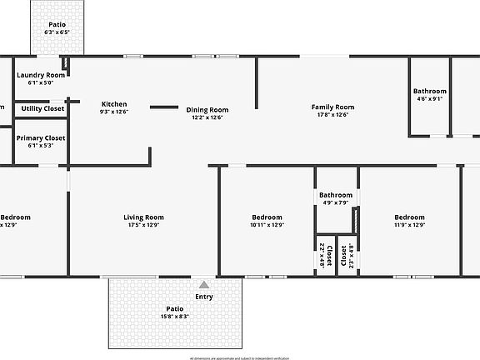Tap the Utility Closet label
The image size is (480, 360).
click(42, 108)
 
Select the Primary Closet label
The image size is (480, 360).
click(41, 137)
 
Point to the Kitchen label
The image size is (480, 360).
click(114, 104)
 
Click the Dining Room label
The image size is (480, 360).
click(207, 109)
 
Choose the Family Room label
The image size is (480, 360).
click(332, 107)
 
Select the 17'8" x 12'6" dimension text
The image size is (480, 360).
click(332, 115)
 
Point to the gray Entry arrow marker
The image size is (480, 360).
click(203, 285)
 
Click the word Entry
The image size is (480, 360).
click(203, 297)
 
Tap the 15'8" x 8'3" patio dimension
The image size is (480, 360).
click(174, 317)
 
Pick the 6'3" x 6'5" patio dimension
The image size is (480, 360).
click(57, 32)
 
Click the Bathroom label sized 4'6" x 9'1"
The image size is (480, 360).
click(430, 91)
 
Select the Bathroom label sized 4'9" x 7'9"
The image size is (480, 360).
click(336, 196)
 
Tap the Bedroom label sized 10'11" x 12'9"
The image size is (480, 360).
click(267, 217)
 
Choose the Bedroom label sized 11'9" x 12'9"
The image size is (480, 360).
click(410, 217)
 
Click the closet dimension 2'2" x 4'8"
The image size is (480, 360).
click(322, 253)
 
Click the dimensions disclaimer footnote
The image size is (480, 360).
click(240, 357)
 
